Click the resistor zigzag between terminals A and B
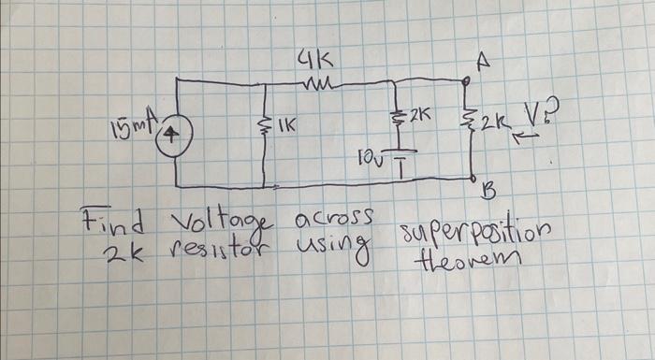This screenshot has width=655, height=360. tap(470, 124)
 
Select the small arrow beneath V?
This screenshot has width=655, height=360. tap(529, 137)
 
